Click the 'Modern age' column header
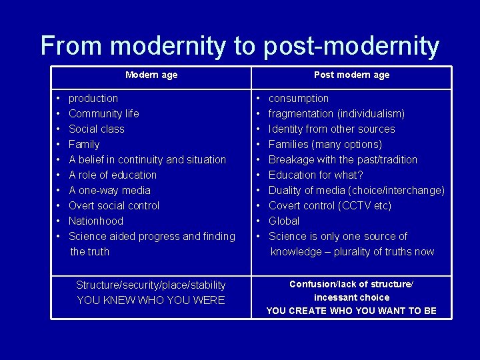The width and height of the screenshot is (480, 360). point(151,75)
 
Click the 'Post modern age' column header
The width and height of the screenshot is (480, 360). point(351,75)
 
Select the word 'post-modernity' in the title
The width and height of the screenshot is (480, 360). point(351,46)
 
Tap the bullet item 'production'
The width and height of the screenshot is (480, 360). point(93,99)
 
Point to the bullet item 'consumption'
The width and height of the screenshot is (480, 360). point(299,99)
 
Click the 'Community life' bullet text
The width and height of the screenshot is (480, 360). point(104,114)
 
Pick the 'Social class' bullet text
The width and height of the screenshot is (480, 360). point(97,129)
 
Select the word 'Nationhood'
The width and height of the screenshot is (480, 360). point(96,221)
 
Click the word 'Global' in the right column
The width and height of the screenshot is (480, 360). point(284,221)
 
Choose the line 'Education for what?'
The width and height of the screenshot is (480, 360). point(316,175)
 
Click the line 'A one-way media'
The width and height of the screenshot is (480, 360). point(110,191)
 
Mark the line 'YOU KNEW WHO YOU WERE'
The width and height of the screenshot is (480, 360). point(151,301)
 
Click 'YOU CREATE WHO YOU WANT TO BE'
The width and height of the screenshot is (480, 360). point(351,311)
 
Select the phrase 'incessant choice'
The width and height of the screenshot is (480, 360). point(351,297)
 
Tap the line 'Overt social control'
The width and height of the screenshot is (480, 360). point(114,206)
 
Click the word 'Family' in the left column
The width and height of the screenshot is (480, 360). point(84,145)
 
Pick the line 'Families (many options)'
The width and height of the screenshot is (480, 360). point(325,145)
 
